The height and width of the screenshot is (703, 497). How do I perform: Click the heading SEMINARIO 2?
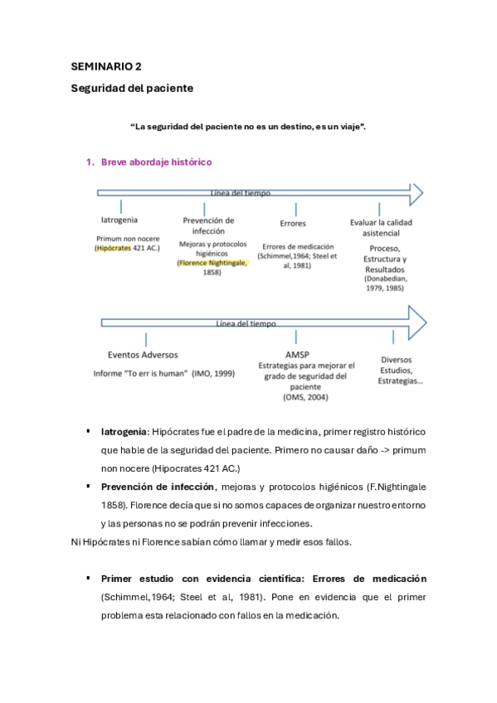pos(105,67)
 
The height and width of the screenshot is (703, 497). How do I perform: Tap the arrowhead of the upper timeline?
pos(417,194)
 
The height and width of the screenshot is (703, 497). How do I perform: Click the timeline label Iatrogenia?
pos(119,221)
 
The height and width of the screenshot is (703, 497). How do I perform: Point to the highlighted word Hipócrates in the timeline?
pos(113,247)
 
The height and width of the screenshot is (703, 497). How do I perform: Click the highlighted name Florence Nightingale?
pos(211,263)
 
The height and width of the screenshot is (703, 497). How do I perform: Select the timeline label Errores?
pos(293,223)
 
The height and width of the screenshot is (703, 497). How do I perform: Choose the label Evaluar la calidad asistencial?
pos(381,228)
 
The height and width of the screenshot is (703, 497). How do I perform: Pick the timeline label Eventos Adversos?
pos(142,355)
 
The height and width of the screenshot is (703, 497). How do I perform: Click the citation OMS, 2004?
pos(305,397)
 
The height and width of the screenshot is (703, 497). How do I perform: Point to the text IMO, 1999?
pos(213,374)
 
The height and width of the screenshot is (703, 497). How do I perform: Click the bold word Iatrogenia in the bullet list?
pos(124,432)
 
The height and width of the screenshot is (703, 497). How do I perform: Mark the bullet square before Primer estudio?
pos(86,578)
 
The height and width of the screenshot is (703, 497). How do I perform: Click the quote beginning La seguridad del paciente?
pos(248,126)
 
